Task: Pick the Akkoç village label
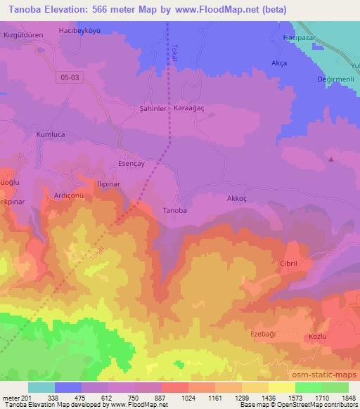[x=236, y=198]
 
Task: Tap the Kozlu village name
[x=318, y=338]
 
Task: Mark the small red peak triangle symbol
[x=331, y=159]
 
